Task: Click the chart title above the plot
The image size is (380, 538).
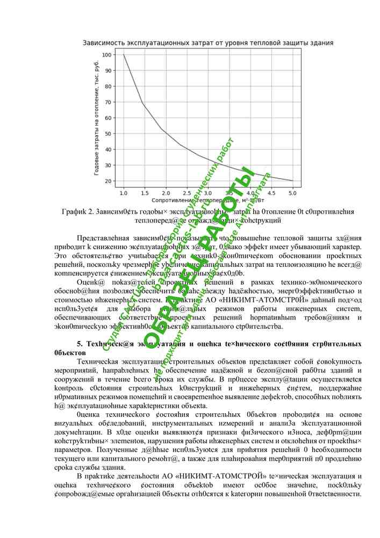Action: (208, 42)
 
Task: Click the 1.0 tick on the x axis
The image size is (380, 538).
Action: (124, 192)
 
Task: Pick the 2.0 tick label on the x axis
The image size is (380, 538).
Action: (166, 192)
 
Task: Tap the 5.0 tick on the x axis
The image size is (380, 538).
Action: (293, 192)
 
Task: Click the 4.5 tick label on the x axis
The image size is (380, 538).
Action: (271, 192)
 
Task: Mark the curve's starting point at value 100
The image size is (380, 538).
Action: (124, 55)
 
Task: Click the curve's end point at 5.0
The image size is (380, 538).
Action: (293, 181)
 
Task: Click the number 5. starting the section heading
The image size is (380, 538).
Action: (80, 343)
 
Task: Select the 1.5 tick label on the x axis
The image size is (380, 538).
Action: (145, 192)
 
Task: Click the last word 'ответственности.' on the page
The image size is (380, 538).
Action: (333, 494)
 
